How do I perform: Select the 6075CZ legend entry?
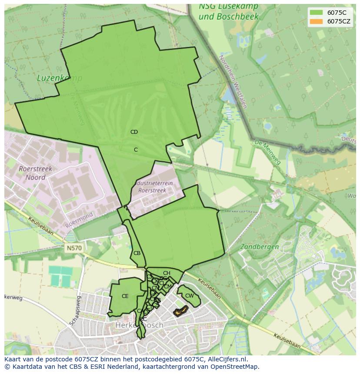(x=331, y=21)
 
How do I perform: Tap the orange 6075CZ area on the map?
(x=180, y=310)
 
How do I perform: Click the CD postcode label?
(x=134, y=132)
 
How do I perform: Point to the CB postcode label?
(x=137, y=253)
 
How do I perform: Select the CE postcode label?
(x=125, y=296)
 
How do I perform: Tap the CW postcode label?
(x=189, y=296)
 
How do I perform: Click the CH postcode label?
(x=167, y=273)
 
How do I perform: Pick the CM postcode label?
(x=167, y=286)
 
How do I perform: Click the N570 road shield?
(x=74, y=248)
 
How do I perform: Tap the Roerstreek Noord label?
(x=36, y=173)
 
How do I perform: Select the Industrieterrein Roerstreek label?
(x=155, y=187)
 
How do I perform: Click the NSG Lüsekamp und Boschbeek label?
(x=228, y=12)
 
